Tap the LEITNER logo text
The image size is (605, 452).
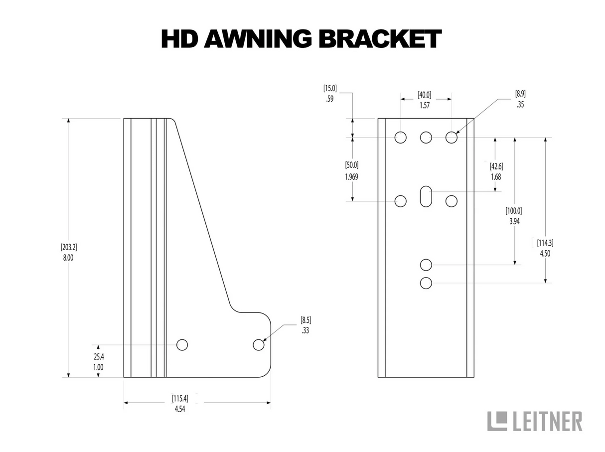tap(547, 421)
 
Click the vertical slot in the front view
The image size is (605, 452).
tap(426, 196)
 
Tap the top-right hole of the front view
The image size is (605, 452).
tap(451, 137)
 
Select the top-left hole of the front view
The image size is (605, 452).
tap(400, 137)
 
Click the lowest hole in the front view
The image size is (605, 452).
tap(426, 283)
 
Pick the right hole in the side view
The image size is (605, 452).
tap(258, 344)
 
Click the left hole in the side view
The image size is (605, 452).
tap(182, 344)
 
